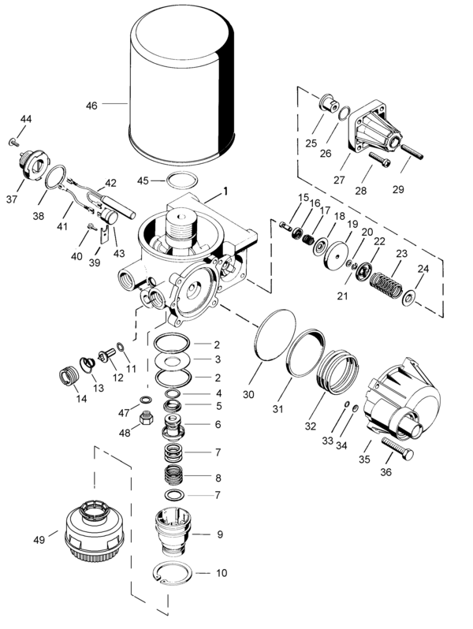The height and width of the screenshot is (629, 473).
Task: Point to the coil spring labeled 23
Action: pyautogui.click(x=386, y=282)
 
